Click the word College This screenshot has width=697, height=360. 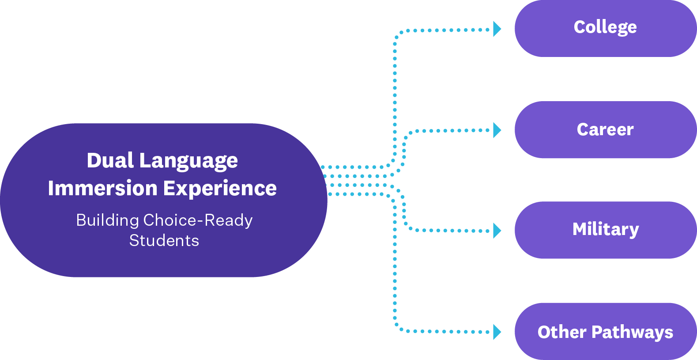605,27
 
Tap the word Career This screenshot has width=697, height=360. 605,129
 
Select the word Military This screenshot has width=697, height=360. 606,230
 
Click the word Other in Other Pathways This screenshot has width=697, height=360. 562,332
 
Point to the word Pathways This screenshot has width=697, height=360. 632,332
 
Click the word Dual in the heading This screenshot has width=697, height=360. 110,160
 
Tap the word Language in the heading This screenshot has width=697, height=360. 188,161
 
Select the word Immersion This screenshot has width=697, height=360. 102,188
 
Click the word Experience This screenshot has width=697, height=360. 220,189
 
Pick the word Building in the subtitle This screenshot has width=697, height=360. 107,220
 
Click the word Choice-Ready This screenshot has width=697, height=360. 198,220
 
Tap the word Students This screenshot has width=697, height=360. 164,240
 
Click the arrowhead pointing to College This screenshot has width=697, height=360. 497,29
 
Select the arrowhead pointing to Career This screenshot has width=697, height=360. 497,130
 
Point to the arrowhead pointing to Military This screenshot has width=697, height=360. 497,231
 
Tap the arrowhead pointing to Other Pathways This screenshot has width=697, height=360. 497,332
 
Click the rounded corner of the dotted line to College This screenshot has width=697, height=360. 397,34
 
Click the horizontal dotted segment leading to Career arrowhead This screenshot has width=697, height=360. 450,130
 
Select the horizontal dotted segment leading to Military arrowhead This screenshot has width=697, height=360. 450,231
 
